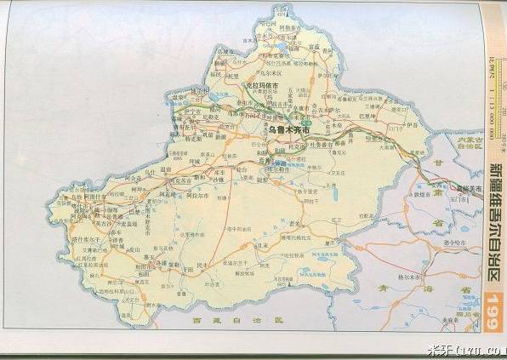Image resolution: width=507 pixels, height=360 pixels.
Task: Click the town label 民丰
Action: click(x=202, y=266)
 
